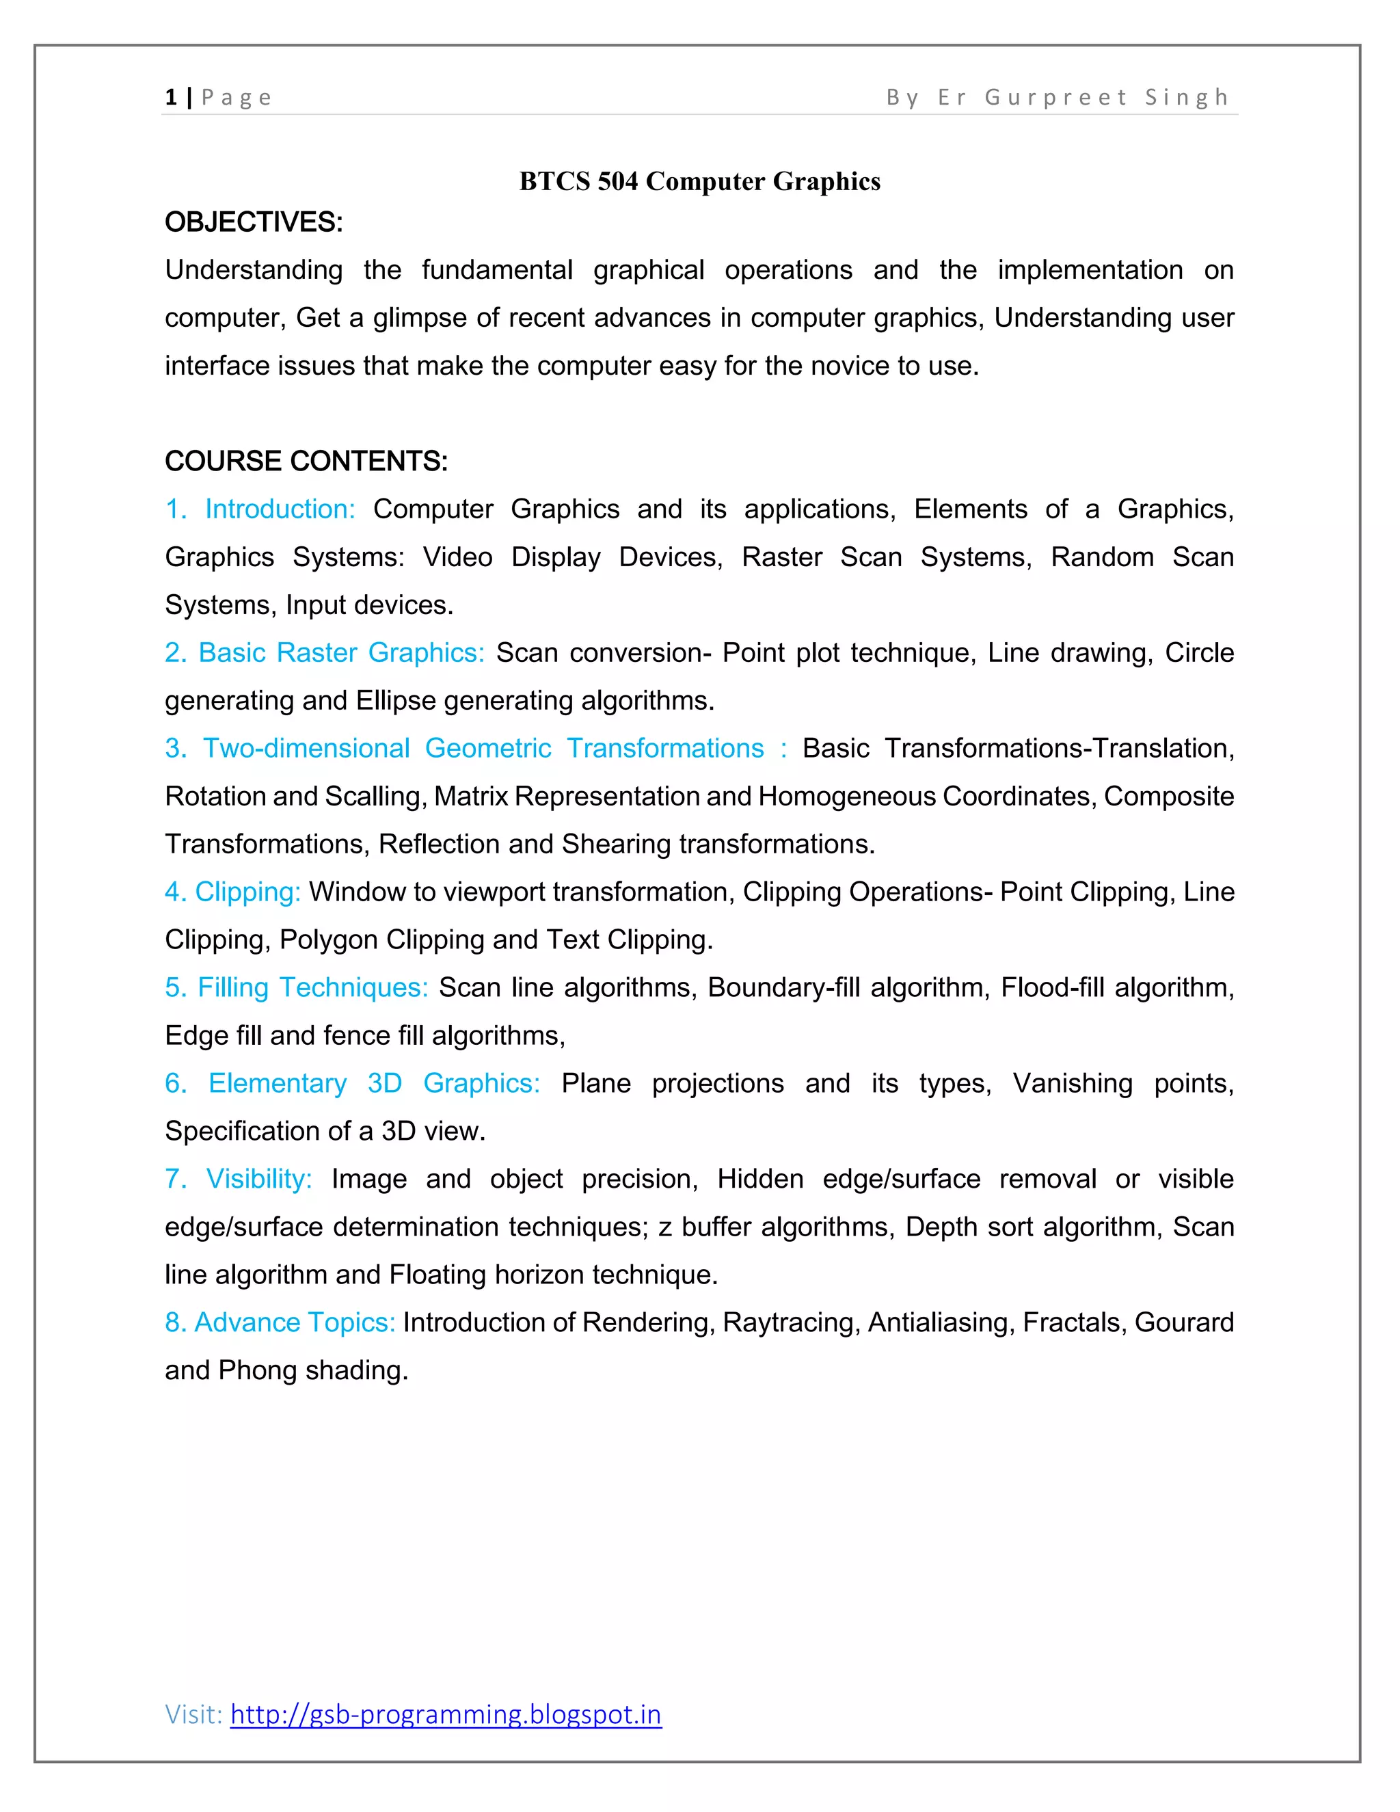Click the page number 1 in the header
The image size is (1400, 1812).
tap(171, 97)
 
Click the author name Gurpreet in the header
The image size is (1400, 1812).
tap(1055, 97)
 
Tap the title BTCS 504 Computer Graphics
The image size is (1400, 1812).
tap(699, 181)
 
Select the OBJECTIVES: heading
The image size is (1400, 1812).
tap(254, 222)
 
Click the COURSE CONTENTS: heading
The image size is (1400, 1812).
tap(306, 462)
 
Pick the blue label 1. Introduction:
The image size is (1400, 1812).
tap(260, 509)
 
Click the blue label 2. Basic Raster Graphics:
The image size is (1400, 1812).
tap(324, 652)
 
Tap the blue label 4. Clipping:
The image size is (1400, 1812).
tap(232, 892)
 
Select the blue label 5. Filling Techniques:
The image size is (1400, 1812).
tap(296, 987)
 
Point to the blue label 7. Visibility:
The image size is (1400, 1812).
tap(239, 1179)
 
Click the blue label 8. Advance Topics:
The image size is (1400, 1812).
tap(280, 1322)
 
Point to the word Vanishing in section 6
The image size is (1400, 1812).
tap(1072, 1084)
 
